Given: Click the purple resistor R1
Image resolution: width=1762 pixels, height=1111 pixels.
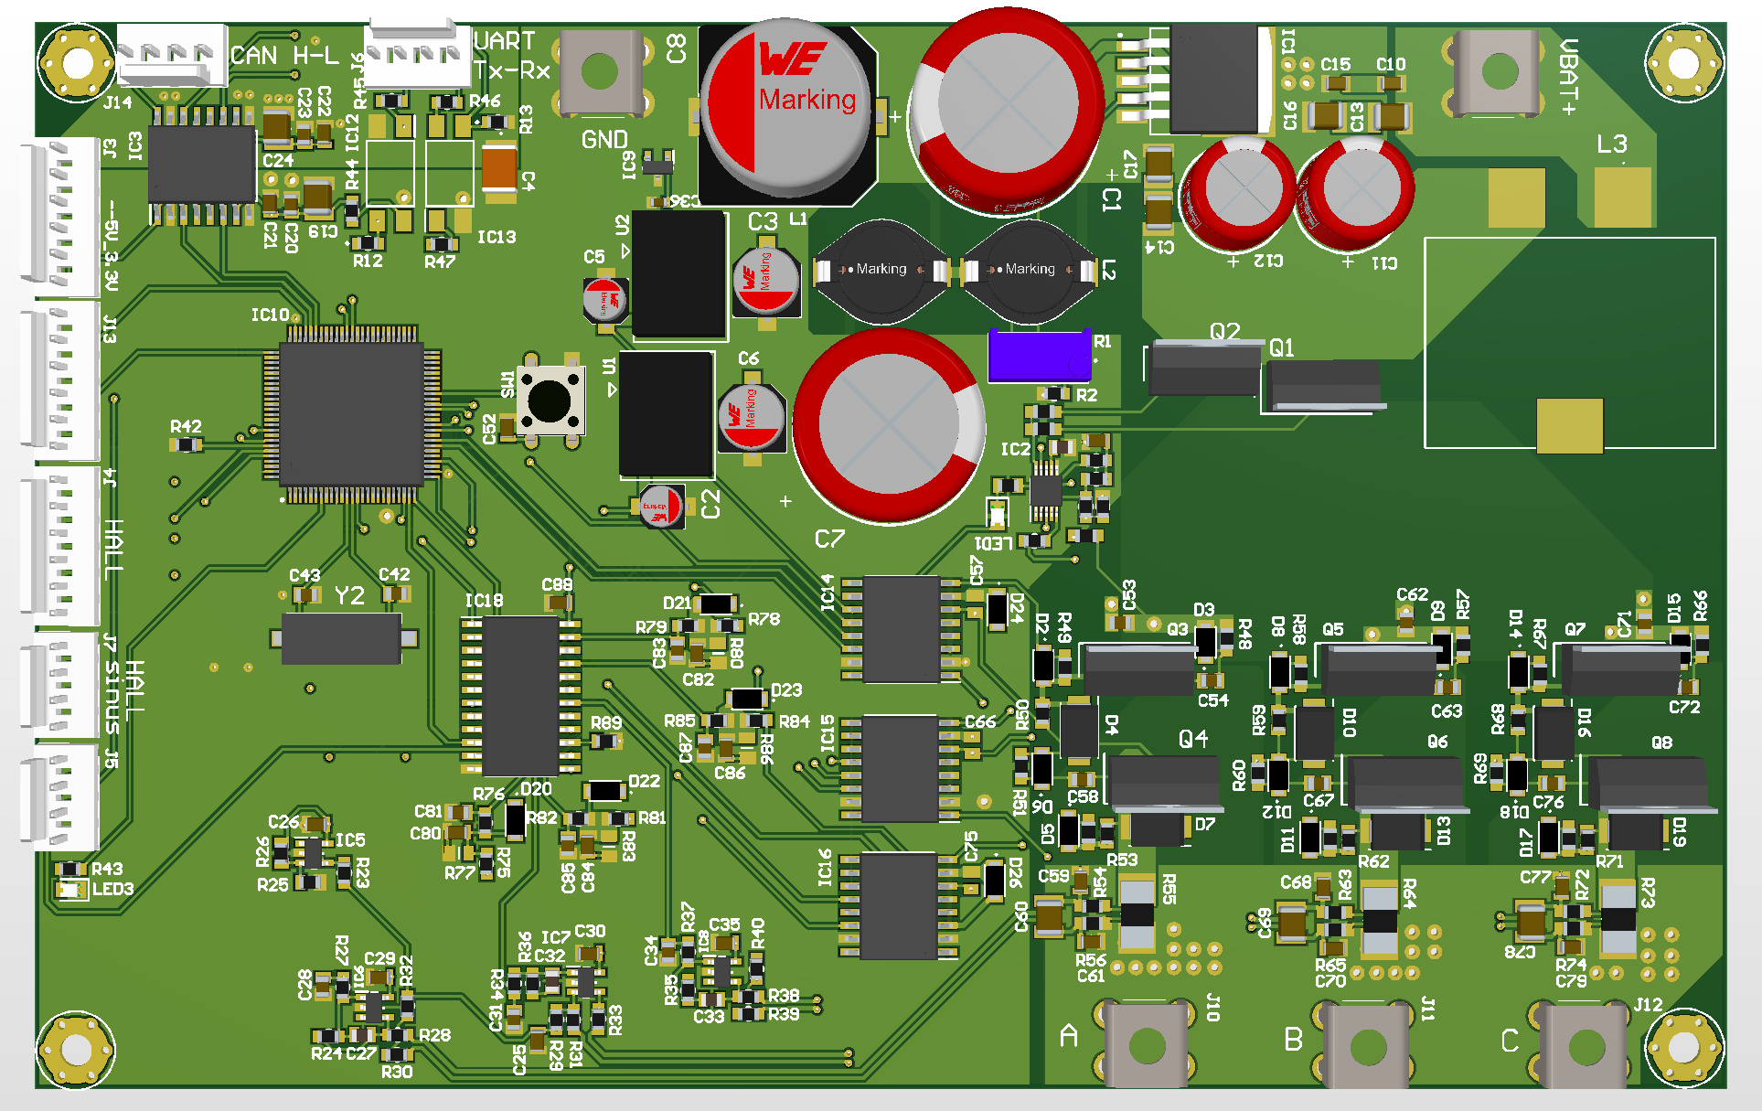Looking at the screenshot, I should coord(1040,356).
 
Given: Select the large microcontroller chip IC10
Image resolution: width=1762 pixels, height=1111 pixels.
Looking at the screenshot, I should coord(352,413).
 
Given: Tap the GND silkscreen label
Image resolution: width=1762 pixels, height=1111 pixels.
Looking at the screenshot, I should coord(604,140).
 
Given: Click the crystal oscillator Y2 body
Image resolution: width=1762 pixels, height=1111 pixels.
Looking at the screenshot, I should coord(341,638).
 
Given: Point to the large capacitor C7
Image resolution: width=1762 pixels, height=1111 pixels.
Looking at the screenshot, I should coord(889,426).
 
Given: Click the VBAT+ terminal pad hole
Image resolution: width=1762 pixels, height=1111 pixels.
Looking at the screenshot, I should coord(1499,71).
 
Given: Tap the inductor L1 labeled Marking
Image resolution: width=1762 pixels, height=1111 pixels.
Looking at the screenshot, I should coord(881,271).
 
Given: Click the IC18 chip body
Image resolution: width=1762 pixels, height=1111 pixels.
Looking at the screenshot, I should coord(520,695).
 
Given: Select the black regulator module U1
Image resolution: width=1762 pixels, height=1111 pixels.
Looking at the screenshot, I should coord(666,413).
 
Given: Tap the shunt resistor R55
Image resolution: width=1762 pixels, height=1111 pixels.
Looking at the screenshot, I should coord(1137,914).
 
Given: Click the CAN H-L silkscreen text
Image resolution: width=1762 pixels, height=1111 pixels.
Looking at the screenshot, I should coord(284,56).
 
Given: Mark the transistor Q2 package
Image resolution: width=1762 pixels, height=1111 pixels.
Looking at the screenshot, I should coord(1204,368).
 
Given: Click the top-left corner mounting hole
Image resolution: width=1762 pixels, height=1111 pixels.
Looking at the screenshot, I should coord(77,63).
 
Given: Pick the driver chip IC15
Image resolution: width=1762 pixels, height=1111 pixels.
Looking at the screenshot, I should coord(900,768).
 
